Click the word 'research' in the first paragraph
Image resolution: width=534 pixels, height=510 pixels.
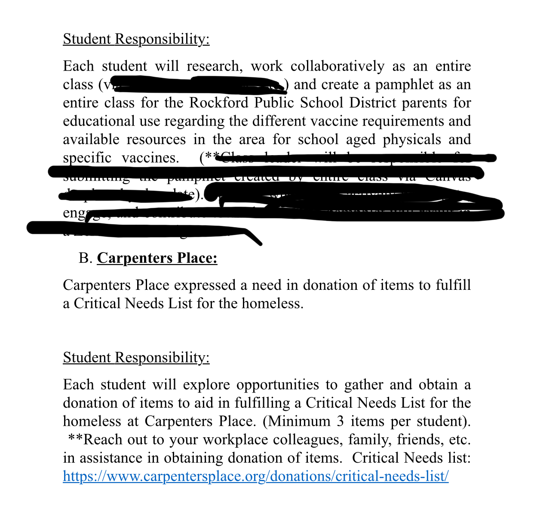(x=213, y=66)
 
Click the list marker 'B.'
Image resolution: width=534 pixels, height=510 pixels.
(x=86, y=258)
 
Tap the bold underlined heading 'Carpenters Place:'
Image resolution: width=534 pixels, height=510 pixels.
(x=157, y=258)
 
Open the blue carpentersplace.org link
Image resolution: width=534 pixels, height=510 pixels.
(x=255, y=476)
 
